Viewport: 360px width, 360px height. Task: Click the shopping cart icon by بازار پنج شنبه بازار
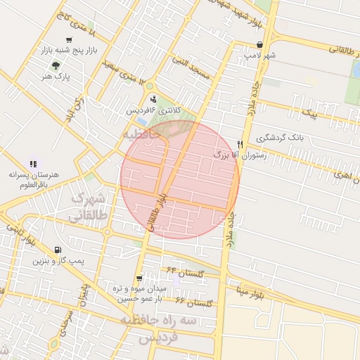click(x=67, y=40)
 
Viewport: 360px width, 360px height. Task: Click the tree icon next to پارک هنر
click(x=66, y=65)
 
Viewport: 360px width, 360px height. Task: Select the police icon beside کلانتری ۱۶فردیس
click(x=154, y=98)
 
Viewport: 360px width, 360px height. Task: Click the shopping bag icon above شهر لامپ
click(x=259, y=44)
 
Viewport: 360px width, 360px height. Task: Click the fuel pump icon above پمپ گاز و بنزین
click(x=58, y=250)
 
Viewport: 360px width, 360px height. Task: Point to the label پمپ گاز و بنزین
click(x=58, y=261)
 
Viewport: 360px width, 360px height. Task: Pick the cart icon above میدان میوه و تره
click(x=139, y=278)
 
